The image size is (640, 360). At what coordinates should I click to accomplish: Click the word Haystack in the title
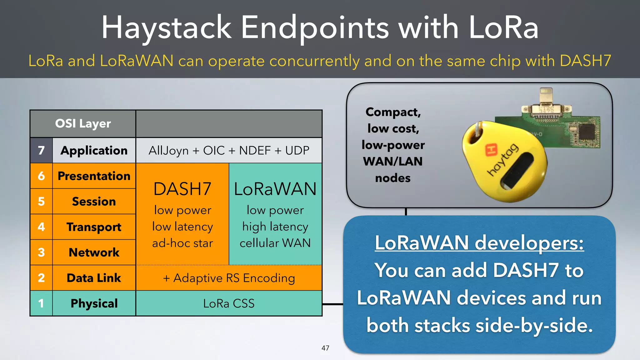[166, 28]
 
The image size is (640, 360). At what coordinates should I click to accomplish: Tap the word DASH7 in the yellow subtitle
[585, 61]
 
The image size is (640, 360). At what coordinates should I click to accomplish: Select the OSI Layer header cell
[83, 124]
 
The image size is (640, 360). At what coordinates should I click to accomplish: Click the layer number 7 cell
[41, 151]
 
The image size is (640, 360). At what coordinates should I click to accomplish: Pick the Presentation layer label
[94, 176]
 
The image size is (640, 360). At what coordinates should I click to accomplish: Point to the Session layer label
[94, 202]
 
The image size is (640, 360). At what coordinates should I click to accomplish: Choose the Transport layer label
[94, 227]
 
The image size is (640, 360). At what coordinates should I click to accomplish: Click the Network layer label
[94, 252]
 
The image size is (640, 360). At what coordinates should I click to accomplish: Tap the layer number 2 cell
[41, 278]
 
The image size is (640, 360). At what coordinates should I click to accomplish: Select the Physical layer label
[94, 303]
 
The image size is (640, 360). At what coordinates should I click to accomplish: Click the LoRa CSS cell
[229, 303]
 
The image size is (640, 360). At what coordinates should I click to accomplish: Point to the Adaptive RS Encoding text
[229, 278]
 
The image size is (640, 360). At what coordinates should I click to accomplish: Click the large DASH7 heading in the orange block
[182, 189]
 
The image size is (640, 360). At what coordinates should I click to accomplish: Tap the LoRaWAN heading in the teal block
[275, 189]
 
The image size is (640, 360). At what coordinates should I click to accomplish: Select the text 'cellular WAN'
[275, 243]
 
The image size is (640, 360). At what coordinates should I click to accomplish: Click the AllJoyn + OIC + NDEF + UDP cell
[229, 151]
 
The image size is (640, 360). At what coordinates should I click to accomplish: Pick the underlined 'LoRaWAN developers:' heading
[479, 243]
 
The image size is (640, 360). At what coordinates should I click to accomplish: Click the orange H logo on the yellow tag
[491, 149]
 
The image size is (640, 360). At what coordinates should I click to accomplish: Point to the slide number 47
[325, 348]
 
